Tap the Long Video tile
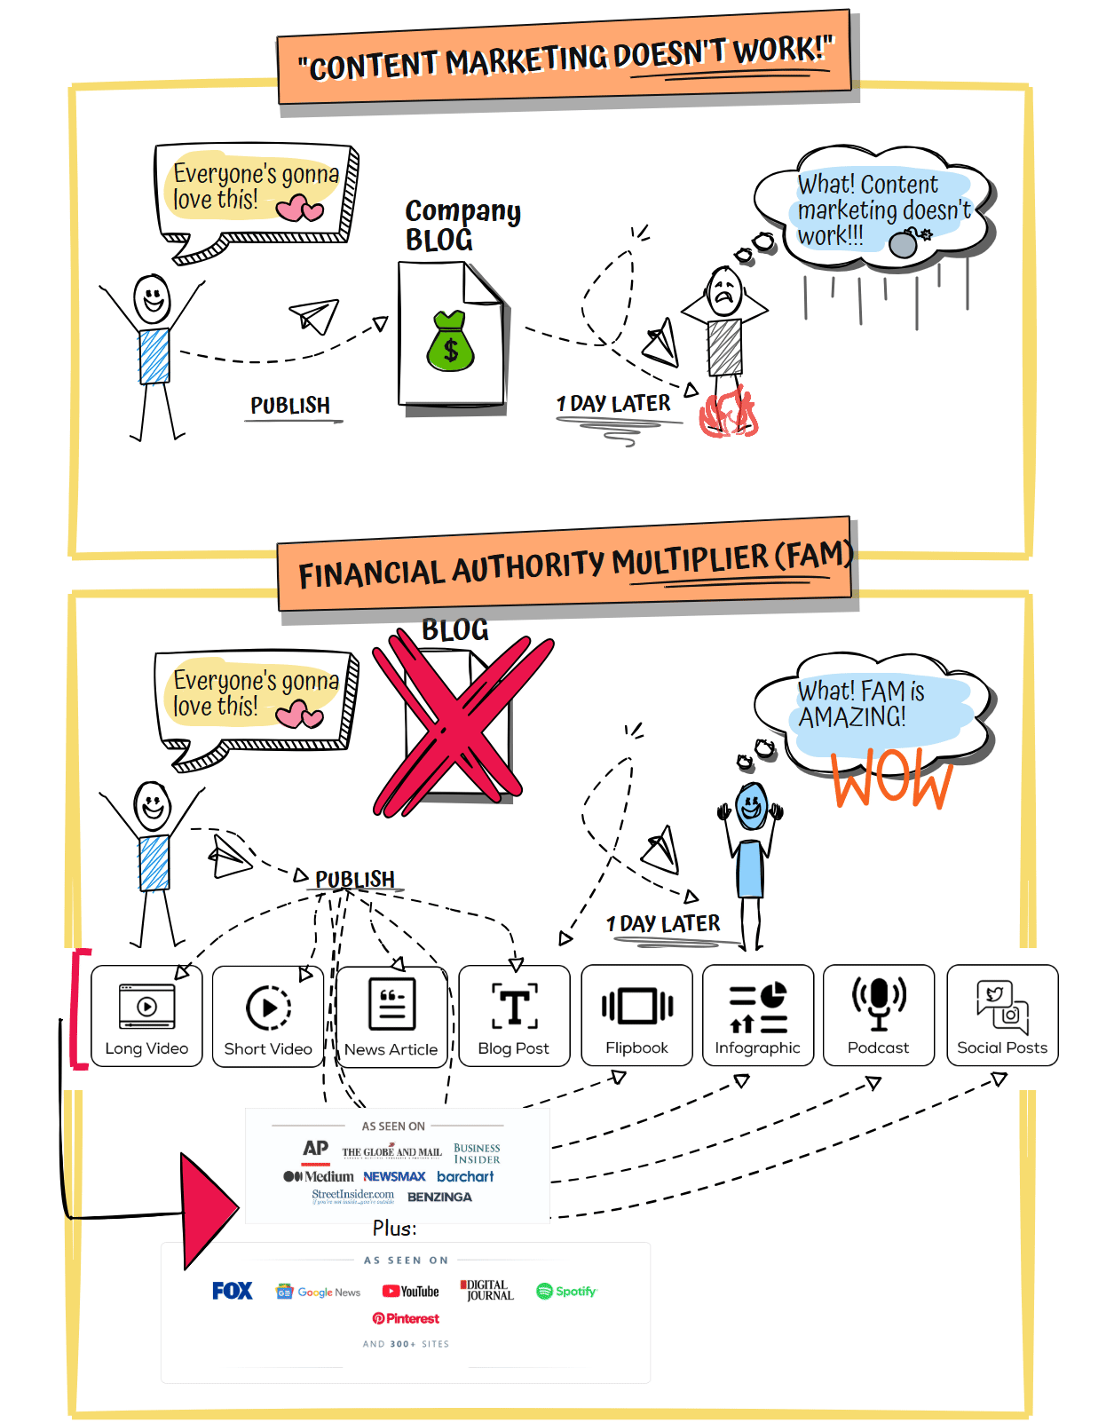coord(146,1016)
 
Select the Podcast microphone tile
coord(879,1015)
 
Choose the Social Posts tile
coord(1002,1015)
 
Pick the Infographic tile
coord(758,1015)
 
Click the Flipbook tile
coord(636,1015)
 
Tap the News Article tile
coord(391,1016)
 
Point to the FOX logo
coord(233,1291)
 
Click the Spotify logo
coord(567,1292)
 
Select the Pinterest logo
coord(407,1319)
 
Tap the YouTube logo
coord(411,1292)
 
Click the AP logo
coord(315,1149)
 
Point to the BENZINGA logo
coord(439,1198)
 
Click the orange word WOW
coord(892,779)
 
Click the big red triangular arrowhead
coord(207,1209)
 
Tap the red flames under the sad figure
coord(728,414)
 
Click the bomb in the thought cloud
coord(905,243)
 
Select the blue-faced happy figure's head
coord(752,807)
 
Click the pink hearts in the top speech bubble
coord(299,209)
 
